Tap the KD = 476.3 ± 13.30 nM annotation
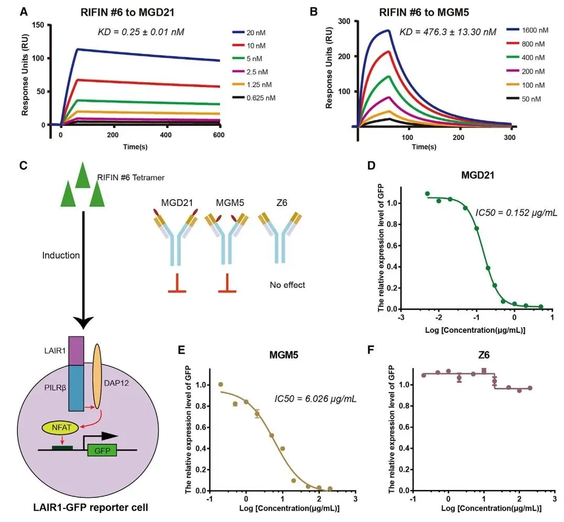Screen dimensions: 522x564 [447, 32]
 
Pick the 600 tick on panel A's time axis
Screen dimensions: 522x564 [218, 135]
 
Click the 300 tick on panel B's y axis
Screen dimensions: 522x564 [344, 21]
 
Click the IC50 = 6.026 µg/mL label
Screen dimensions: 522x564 [315, 399]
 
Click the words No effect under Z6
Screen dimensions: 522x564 [287, 285]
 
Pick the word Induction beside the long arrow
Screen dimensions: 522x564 [61, 255]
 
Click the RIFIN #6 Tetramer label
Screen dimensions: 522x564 [131, 178]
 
